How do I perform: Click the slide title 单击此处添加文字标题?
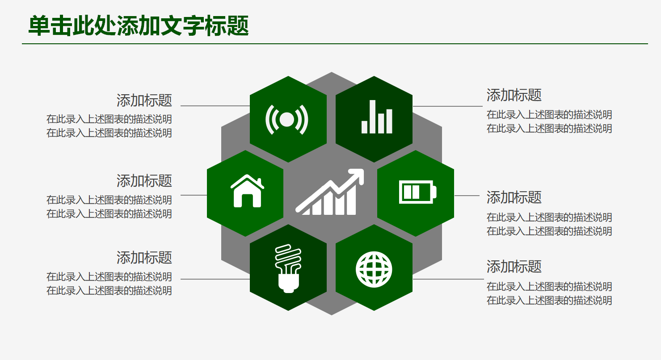pos(139,26)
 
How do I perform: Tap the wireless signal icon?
pos(287,119)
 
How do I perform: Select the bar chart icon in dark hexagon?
pos(376,117)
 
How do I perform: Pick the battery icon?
pos(417,192)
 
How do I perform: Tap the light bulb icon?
pos(288,268)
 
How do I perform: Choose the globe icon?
pos(374,269)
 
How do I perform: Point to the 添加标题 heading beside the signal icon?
pos(144,100)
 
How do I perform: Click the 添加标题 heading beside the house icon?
pos(144,181)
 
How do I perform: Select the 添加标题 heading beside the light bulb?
pos(144,258)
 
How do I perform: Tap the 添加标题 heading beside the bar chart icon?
pos(514,95)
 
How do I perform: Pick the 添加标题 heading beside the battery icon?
pos(514,197)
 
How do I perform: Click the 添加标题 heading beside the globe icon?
pos(514,267)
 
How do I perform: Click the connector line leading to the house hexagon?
pos(194,195)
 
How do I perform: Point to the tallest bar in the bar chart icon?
pos(372,117)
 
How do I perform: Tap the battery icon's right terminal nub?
pos(434,193)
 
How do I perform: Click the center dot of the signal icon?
pos(287,119)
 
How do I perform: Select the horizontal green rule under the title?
pos(335,44)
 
